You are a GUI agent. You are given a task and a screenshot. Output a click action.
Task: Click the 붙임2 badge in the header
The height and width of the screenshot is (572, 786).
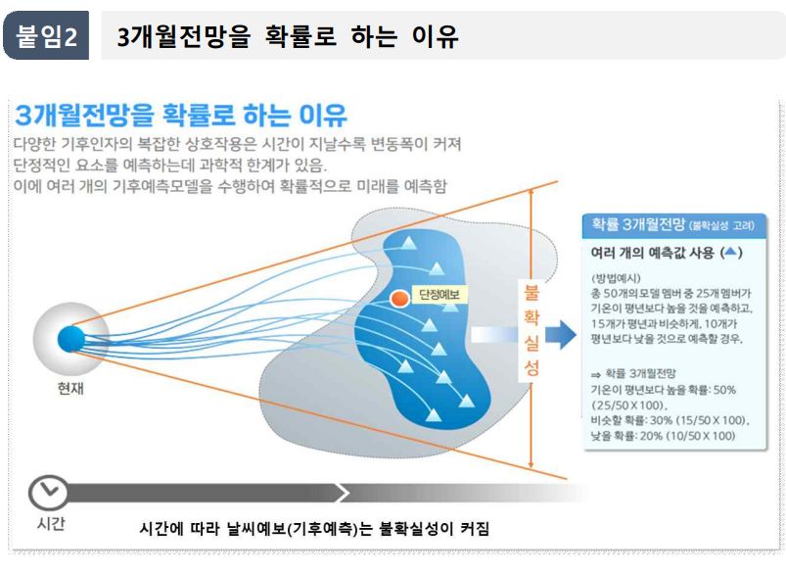click(x=46, y=38)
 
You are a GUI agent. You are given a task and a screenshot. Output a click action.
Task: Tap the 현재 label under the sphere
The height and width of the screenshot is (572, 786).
click(x=70, y=387)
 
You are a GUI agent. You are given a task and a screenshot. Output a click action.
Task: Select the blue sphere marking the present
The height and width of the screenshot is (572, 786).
click(x=70, y=339)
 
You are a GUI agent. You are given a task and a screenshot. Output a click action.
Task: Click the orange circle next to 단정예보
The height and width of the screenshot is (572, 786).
click(x=398, y=297)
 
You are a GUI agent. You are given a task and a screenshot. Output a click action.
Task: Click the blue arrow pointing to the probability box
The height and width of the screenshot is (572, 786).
click(x=559, y=336)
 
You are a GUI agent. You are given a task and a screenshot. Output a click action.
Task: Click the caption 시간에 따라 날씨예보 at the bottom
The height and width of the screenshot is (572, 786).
click(x=314, y=530)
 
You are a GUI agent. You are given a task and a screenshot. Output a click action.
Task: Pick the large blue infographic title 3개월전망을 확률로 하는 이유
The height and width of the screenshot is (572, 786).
click(x=181, y=116)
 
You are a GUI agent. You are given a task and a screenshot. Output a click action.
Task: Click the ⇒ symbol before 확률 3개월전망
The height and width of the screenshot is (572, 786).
click(x=596, y=372)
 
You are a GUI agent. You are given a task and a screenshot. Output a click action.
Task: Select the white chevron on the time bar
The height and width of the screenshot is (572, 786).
click(x=343, y=492)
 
